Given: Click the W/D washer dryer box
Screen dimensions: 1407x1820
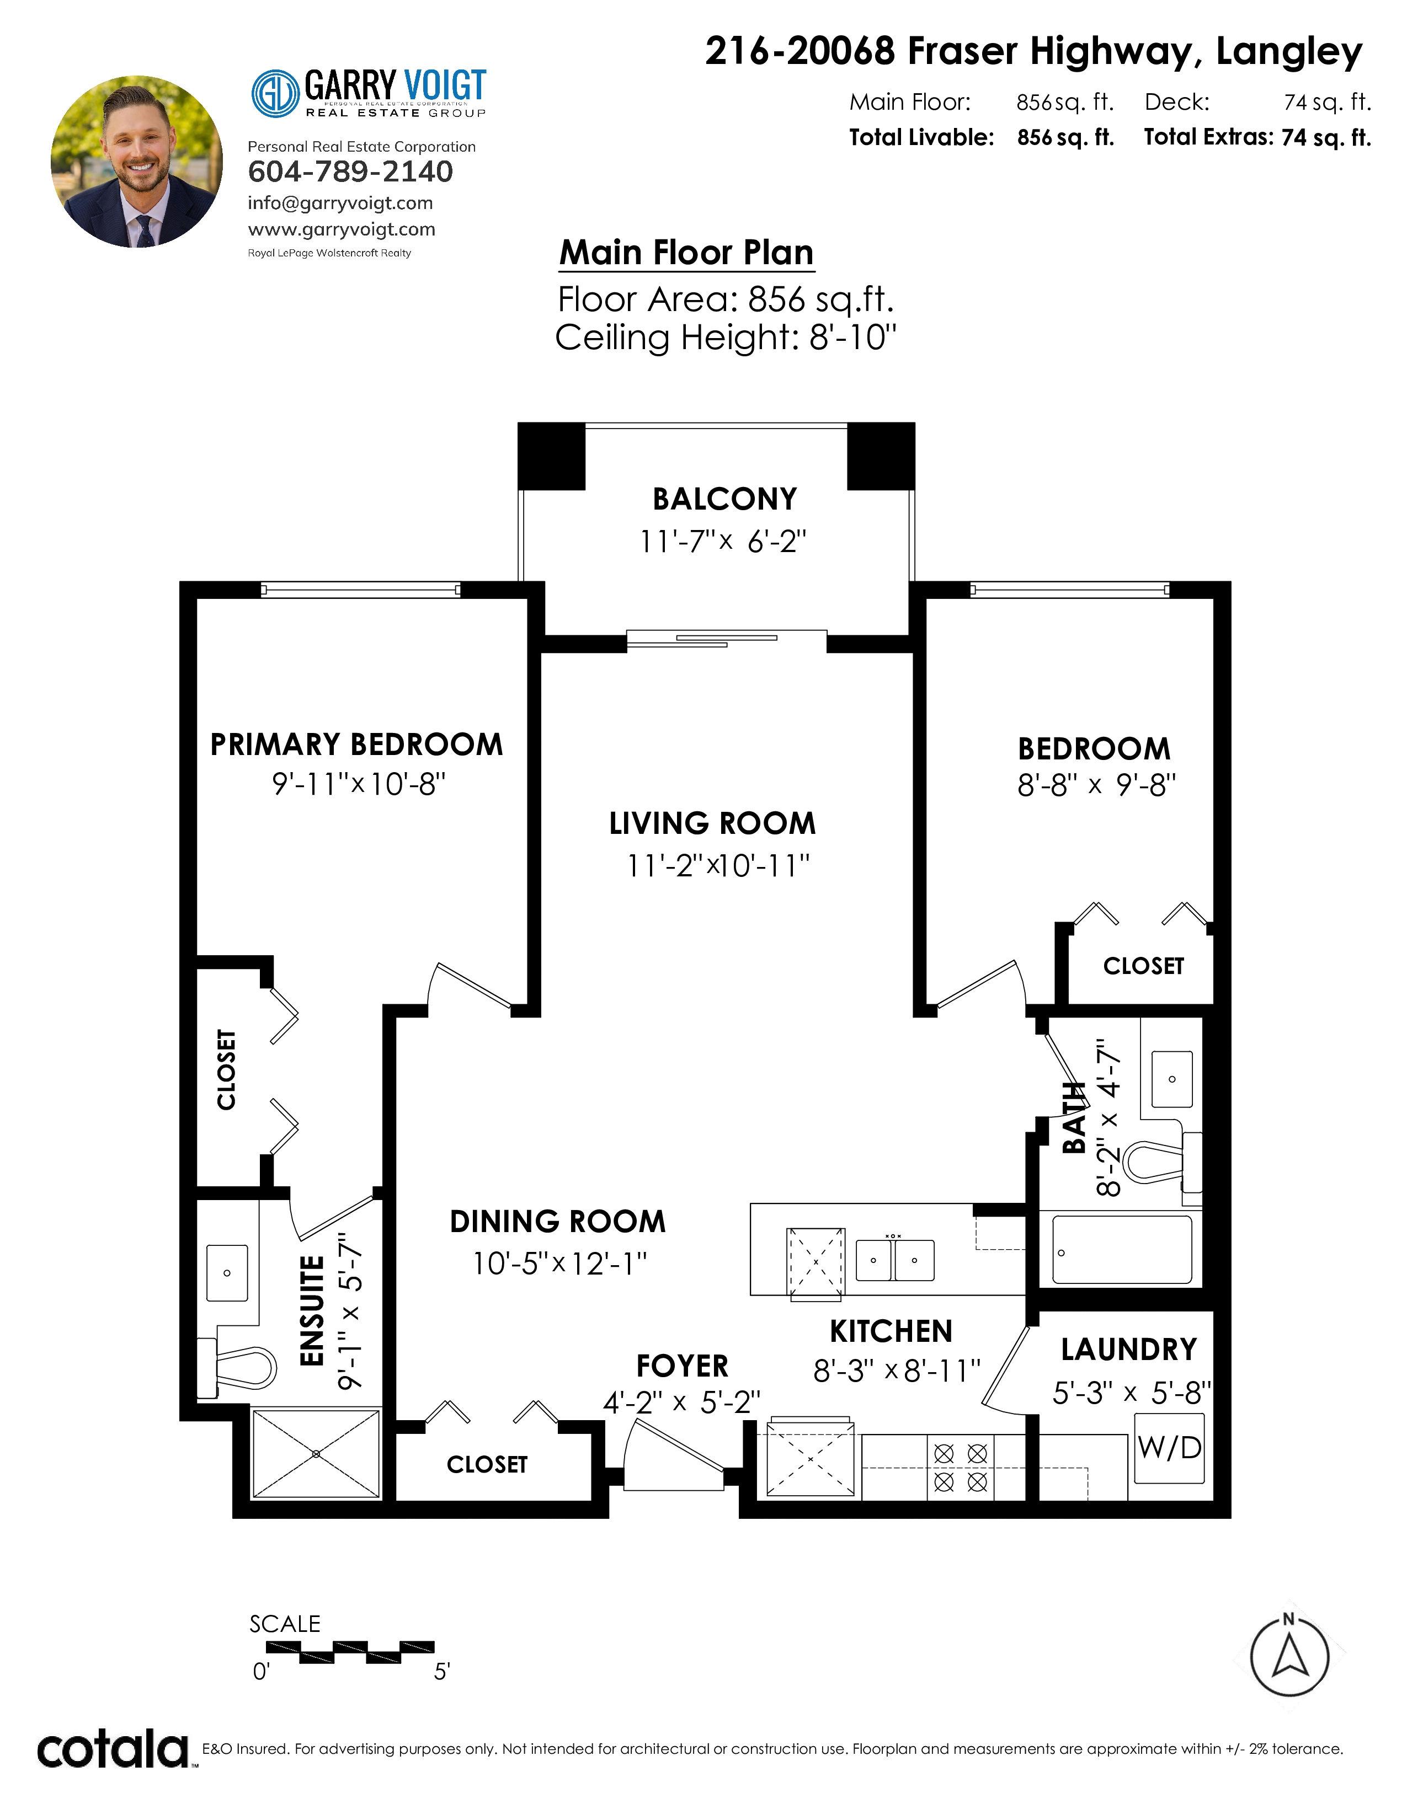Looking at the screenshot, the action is (1169, 1458).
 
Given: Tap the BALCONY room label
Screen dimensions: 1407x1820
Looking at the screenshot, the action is (724, 499).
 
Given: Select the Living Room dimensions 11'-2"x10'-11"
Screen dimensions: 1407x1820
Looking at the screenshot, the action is (718, 866).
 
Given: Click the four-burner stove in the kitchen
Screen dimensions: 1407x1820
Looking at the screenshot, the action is (960, 1468).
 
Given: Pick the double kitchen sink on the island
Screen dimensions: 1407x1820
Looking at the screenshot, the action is (895, 1260).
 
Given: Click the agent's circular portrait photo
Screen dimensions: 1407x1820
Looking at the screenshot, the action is (137, 162).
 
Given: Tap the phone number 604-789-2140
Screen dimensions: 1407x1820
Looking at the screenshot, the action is (350, 171).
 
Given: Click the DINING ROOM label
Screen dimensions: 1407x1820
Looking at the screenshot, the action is (558, 1222).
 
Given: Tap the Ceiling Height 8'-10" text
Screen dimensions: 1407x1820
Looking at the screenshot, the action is (726, 338).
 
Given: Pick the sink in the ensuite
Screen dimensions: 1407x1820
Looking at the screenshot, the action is (227, 1272).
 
